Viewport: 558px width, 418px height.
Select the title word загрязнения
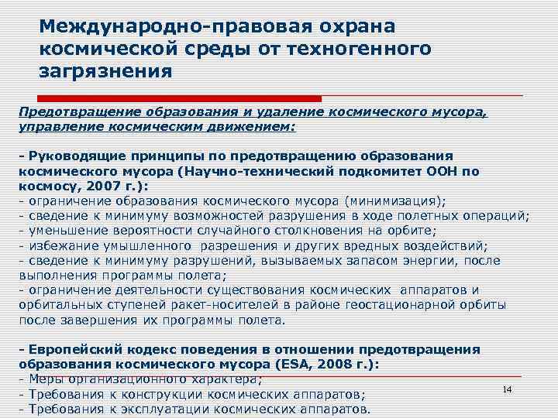[x=105, y=72]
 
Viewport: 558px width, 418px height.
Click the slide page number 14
[x=508, y=389]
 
